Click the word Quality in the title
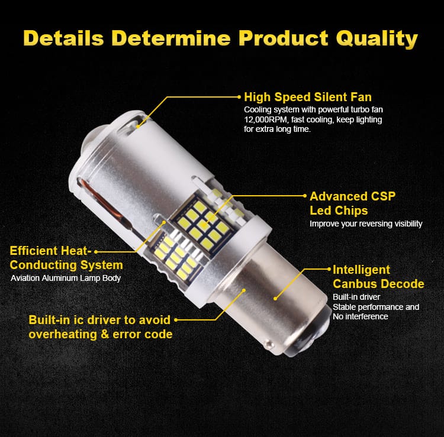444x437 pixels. pyautogui.click(x=377, y=38)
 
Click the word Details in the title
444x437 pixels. pyautogui.click(x=64, y=38)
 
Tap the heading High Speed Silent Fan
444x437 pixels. pyautogui.click(x=307, y=97)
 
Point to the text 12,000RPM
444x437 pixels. pyautogui.click(x=266, y=119)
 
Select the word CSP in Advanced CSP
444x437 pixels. pyautogui.click(x=383, y=196)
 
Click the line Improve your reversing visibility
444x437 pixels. pyautogui.click(x=366, y=224)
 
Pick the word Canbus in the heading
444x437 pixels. pyautogui.click(x=354, y=284)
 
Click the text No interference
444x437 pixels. pyautogui.click(x=360, y=316)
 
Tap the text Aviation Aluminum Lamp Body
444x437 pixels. pyautogui.click(x=66, y=278)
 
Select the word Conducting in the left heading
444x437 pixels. pyautogui.click(x=43, y=265)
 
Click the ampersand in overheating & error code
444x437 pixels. pyautogui.click(x=105, y=334)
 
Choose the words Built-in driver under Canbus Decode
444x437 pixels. pyautogui.click(x=356, y=297)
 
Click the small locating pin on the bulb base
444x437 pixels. pyautogui.click(x=269, y=344)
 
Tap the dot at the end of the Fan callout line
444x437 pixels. pyautogui.click(x=239, y=97)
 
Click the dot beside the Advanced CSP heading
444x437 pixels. pyautogui.click(x=305, y=196)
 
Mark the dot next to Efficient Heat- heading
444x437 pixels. pyautogui.click(x=96, y=252)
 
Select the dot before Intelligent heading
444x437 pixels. pyautogui.click(x=329, y=269)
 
